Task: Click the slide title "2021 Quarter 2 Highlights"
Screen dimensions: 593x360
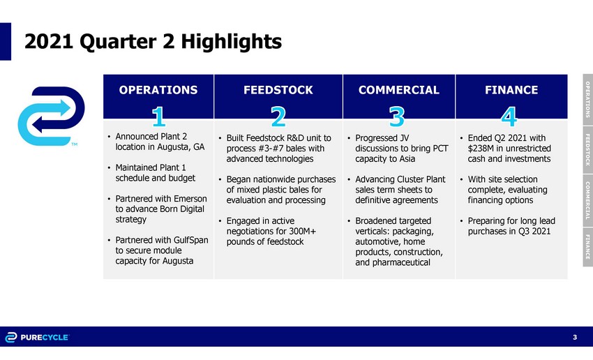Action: pyautogui.click(x=153, y=42)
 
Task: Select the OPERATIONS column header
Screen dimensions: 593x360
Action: pyautogui.click(x=158, y=90)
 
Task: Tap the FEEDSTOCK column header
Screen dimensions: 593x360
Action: pyautogui.click(x=278, y=90)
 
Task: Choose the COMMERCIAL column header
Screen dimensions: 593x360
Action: pyautogui.click(x=399, y=90)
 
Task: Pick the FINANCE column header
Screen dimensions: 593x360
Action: pyautogui.click(x=511, y=90)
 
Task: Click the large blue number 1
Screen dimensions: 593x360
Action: pyautogui.click(x=159, y=117)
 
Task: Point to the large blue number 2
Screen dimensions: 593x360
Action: pyautogui.click(x=278, y=117)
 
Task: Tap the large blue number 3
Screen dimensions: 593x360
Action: pyautogui.click(x=397, y=117)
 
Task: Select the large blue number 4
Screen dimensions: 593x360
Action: pyautogui.click(x=509, y=117)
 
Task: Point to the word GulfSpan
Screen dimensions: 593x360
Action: pyautogui.click(x=190, y=240)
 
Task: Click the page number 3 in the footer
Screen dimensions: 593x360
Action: pyautogui.click(x=575, y=337)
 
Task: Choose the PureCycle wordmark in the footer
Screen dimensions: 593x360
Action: pyautogui.click(x=45, y=337)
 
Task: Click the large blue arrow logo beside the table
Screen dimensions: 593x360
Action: pyautogui.click(x=52, y=116)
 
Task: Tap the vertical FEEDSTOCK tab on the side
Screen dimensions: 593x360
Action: pyautogui.click(x=587, y=150)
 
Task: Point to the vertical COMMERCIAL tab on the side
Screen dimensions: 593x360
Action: pyautogui.click(x=587, y=200)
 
